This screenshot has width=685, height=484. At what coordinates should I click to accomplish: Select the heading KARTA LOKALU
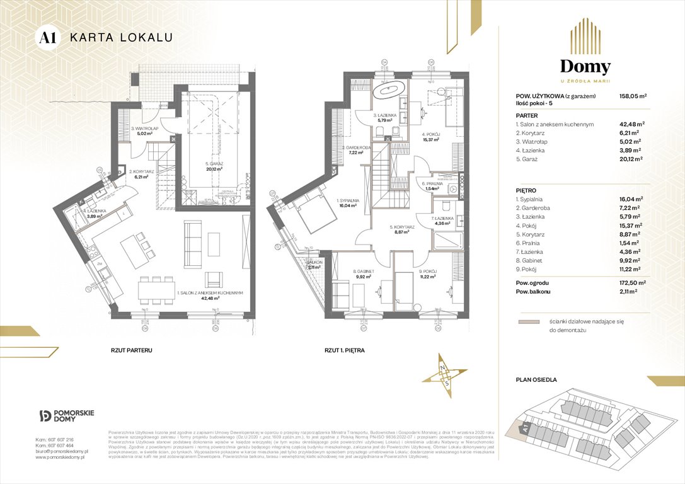120,37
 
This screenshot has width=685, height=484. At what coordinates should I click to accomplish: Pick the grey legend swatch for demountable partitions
528,321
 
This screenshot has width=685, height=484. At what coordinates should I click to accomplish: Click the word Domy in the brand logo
585,67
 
